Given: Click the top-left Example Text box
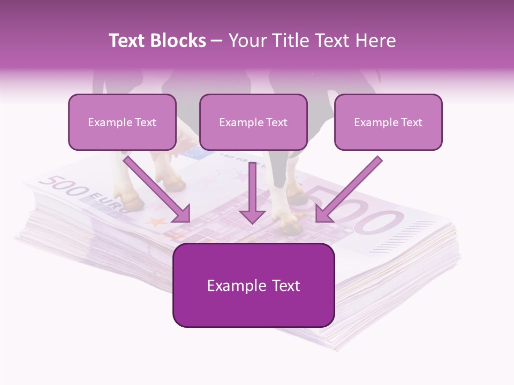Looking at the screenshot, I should coord(122,122).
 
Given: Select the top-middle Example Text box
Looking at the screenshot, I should coord(253,122).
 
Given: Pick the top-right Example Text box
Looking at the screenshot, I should coord(388,122).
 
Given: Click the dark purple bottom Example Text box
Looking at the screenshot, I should coord(253,286).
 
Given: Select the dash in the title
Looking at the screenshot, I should coord(217,41).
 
